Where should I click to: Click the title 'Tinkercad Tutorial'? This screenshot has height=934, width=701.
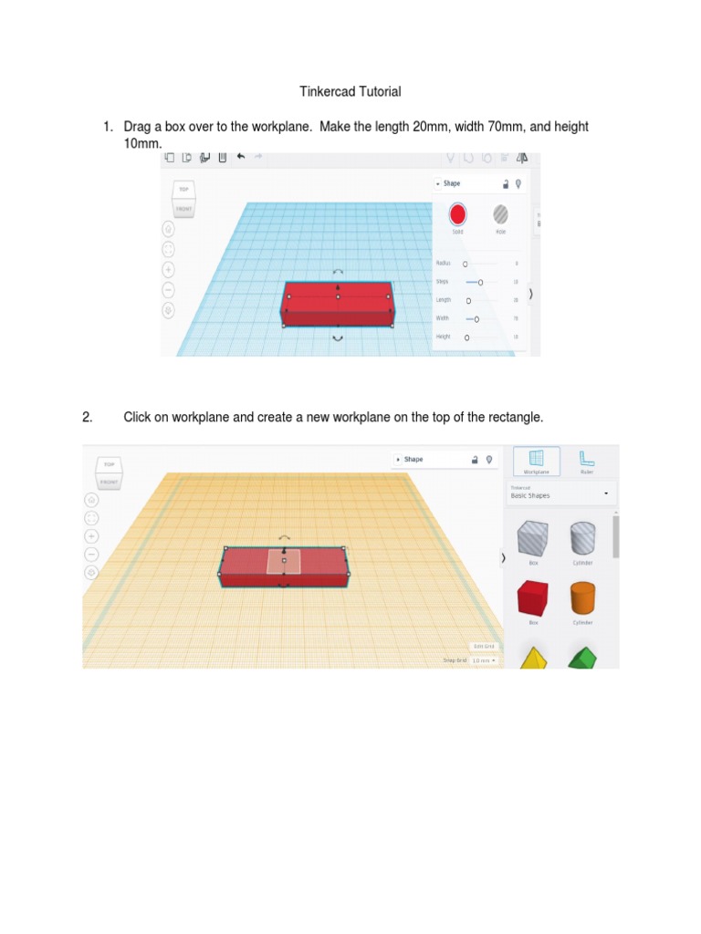click(x=350, y=91)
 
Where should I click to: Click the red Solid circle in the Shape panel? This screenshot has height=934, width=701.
click(x=457, y=214)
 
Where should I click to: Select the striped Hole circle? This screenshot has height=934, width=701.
click(x=501, y=214)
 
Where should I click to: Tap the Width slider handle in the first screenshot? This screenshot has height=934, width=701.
click(x=476, y=318)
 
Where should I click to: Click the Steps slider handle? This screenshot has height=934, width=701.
click(x=480, y=282)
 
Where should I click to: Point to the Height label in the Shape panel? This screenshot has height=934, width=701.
click(x=443, y=337)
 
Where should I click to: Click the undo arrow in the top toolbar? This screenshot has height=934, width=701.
click(x=241, y=157)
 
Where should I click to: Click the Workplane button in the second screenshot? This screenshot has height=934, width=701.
click(x=536, y=461)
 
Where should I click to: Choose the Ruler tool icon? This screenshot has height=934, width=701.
click(x=587, y=461)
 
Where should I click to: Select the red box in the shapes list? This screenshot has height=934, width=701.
click(x=533, y=599)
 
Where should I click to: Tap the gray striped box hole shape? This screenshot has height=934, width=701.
click(x=533, y=539)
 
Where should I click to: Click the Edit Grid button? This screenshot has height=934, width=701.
click(x=484, y=646)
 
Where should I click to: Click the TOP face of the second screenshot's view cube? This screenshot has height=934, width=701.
click(x=110, y=464)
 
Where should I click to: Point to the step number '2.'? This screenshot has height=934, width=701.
click(x=88, y=417)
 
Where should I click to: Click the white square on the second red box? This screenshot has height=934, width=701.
click(x=284, y=561)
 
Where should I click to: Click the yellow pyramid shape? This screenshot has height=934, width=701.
click(x=533, y=657)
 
